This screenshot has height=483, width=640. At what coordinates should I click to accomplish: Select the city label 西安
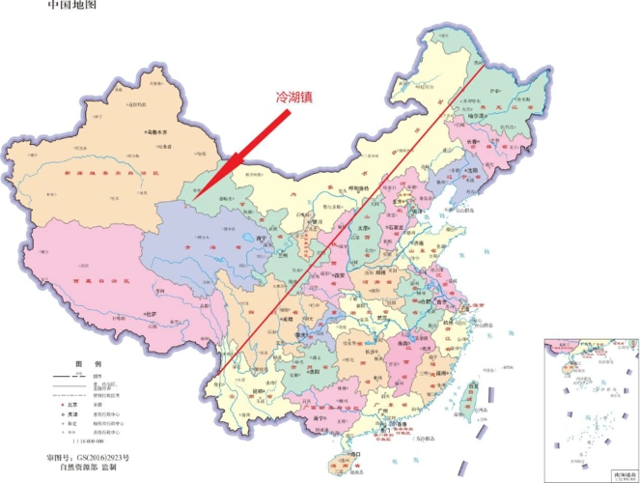[x=341, y=276]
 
